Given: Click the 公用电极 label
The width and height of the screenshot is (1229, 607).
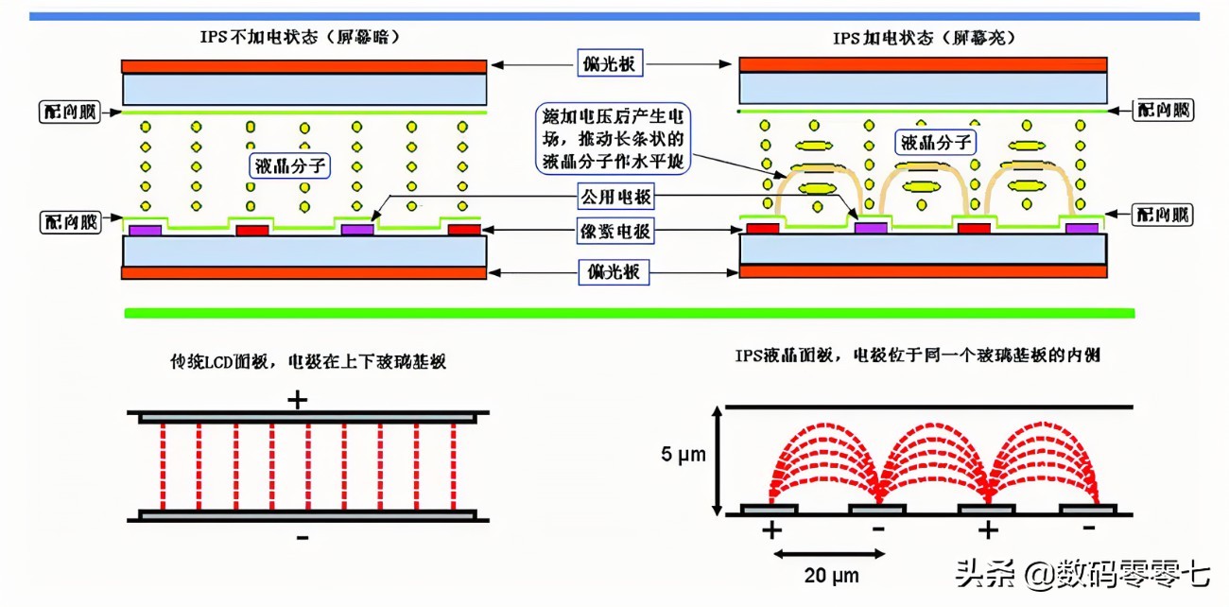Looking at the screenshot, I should pos(613,199).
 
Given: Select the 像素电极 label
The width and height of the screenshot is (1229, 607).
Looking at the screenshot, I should pos(613,231).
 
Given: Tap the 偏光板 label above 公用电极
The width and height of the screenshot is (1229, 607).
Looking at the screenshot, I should pos(613,65).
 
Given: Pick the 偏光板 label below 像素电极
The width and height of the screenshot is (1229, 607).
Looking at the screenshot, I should pos(613,272).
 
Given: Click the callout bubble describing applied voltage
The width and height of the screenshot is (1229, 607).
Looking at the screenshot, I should pos(614,139).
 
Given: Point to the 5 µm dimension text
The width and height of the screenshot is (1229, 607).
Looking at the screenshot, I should pos(683,455).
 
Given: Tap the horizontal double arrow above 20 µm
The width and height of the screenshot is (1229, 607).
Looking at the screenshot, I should pos(826,552).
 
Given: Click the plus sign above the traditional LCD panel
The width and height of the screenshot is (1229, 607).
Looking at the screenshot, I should pos(298,400).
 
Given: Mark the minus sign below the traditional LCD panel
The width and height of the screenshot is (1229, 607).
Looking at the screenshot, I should pos(302,537).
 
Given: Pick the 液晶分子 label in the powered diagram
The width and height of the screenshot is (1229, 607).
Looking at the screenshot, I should pos(936,143).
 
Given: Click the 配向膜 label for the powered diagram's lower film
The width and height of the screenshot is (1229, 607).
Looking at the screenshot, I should pos(1163,215).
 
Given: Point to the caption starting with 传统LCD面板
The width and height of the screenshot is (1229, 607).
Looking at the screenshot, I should pos(308,362).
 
